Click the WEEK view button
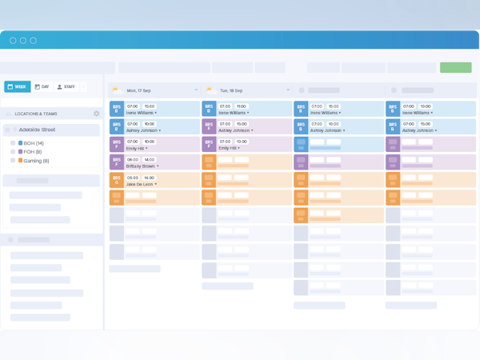(x=18, y=86)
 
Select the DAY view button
(x=42, y=86)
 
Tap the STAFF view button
(x=66, y=86)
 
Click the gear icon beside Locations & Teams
(x=96, y=114)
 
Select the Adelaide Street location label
(x=39, y=129)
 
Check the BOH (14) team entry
(x=34, y=142)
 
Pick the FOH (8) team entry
(x=33, y=151)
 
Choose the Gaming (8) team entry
(x=35, y=161)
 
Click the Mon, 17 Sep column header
(x=143, y=90)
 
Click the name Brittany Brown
(x=142, y=166)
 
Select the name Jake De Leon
(x=140, y=184)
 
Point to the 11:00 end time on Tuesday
(x=241, y=106)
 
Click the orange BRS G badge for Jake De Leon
(x=116, y=180)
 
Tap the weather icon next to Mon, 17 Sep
(x=116, y=90)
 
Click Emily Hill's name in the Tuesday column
(x=227, y=148)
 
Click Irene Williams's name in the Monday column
(x=141, y=112)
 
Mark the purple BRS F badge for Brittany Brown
(x=116, y=162)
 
